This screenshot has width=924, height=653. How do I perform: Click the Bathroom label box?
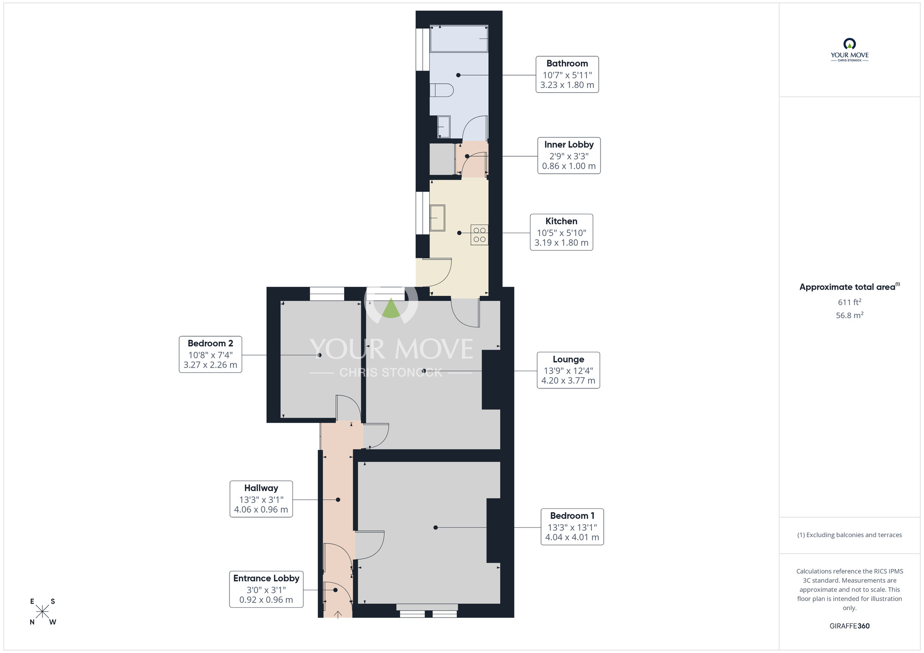[x=567, y=74]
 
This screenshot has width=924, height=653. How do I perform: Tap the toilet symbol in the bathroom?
[x=441, y=90]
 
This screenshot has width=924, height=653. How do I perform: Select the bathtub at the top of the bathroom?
[x=459, y=39]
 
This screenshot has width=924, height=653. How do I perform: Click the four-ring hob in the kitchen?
[x=479, y=235]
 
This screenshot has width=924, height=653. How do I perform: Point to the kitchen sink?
[x=437, y=218]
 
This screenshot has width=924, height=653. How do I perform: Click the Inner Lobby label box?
[x=569, y=156]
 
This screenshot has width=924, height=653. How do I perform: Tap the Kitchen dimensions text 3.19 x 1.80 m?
[x=561, y=243]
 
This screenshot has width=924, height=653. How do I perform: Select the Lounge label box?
[x=568, y=370]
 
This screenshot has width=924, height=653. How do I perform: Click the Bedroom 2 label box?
[x=210, y=354]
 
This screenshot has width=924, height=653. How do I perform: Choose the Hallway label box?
[x=261, y=499]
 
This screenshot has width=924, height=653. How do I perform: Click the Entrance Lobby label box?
[x=266, y=589]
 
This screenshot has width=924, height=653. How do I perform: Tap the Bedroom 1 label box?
[x=572, y=526]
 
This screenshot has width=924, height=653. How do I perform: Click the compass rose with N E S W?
[x=43, y=611]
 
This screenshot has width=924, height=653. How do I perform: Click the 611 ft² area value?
[x=849, y=302]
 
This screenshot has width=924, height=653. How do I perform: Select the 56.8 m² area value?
[x=849, y=315]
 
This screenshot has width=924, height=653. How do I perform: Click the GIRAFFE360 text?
[x=849, y=626]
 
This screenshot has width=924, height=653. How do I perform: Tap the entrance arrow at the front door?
[x=338, y=614]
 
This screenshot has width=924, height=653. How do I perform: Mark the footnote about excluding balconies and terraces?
[x=849, y=535]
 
